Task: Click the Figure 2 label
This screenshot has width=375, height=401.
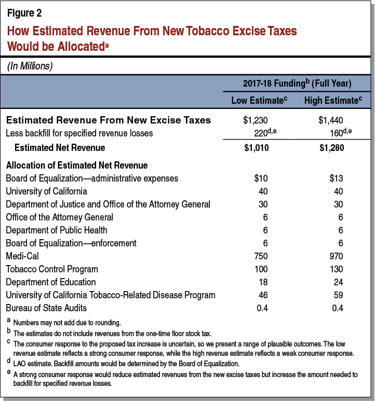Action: [25, 13]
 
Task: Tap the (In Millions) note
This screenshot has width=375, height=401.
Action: [31, 66]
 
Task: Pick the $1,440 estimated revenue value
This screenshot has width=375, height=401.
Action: [330, 120]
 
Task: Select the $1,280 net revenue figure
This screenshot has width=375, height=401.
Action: [330, 148]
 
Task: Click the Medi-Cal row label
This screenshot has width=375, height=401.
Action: [23, 256]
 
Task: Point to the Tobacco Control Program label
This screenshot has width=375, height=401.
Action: [52, 269]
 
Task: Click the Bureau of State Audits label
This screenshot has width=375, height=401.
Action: [47, 308]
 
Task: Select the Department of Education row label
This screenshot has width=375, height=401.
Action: [51, 282]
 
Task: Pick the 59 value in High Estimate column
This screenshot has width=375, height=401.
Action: [337, 295]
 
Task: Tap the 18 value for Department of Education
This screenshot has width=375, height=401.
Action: [263, 282]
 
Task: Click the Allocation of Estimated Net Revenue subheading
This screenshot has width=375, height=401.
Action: [77, 165]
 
